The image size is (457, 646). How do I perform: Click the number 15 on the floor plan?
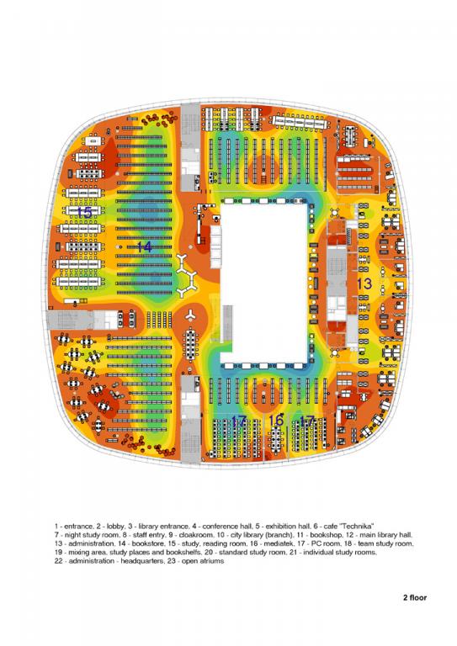tap(84, 213)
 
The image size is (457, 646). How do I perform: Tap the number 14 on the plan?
tap(144, 247)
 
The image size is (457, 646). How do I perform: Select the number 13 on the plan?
tap(364, 283)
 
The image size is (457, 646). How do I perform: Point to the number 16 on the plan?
tap(276, 421)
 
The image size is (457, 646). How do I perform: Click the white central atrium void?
tap(264, 283)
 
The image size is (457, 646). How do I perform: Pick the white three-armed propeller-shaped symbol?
tap(190, 315)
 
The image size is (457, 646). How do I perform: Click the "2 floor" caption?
tap(415, 597)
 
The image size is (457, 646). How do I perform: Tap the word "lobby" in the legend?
tap(115, 526)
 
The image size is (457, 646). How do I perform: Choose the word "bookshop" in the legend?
tap(327, 535)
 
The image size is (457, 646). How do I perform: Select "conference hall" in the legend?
tap(227, 526)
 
